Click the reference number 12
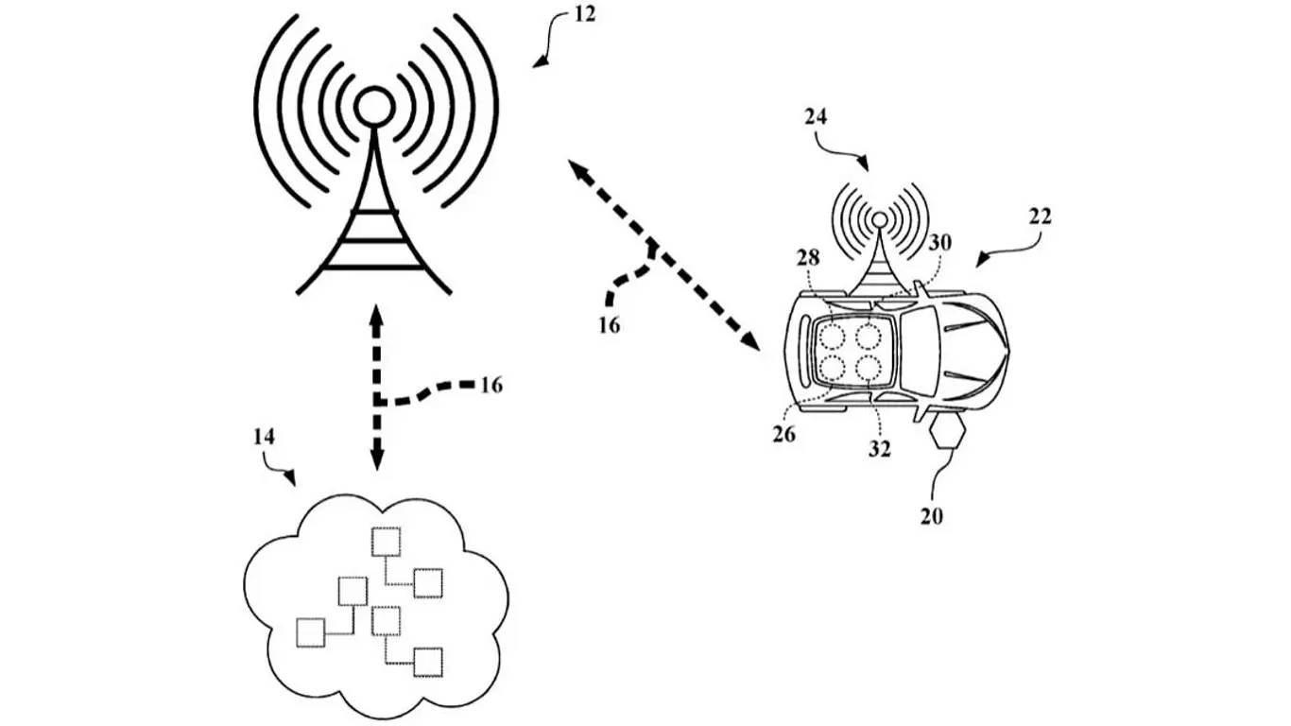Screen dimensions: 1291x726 click(x=584, y=14)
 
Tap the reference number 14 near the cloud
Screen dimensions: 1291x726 click(x=264, y=437)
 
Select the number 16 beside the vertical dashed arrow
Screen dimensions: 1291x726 click(x=491, y=385)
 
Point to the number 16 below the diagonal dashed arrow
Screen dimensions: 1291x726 click(x=610, y=326)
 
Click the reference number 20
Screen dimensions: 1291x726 click(x=931, y=516)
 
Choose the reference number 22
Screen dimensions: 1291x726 click(x=1041, y=216)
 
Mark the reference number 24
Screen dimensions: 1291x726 click(x=816, y=117)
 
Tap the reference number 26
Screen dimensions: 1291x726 click(x=783, y=434)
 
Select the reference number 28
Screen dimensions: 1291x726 click(x=808, y=258)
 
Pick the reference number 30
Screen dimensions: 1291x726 click(x=940, y=243)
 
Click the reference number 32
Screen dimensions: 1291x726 click(x=880, y=449)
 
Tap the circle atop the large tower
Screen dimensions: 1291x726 click(x=374, y=107)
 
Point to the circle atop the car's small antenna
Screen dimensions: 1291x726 click(x=880, y=219)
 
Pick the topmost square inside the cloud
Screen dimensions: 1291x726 click(x=386, y=542)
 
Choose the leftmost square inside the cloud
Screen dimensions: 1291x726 click(x=310, y=632)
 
